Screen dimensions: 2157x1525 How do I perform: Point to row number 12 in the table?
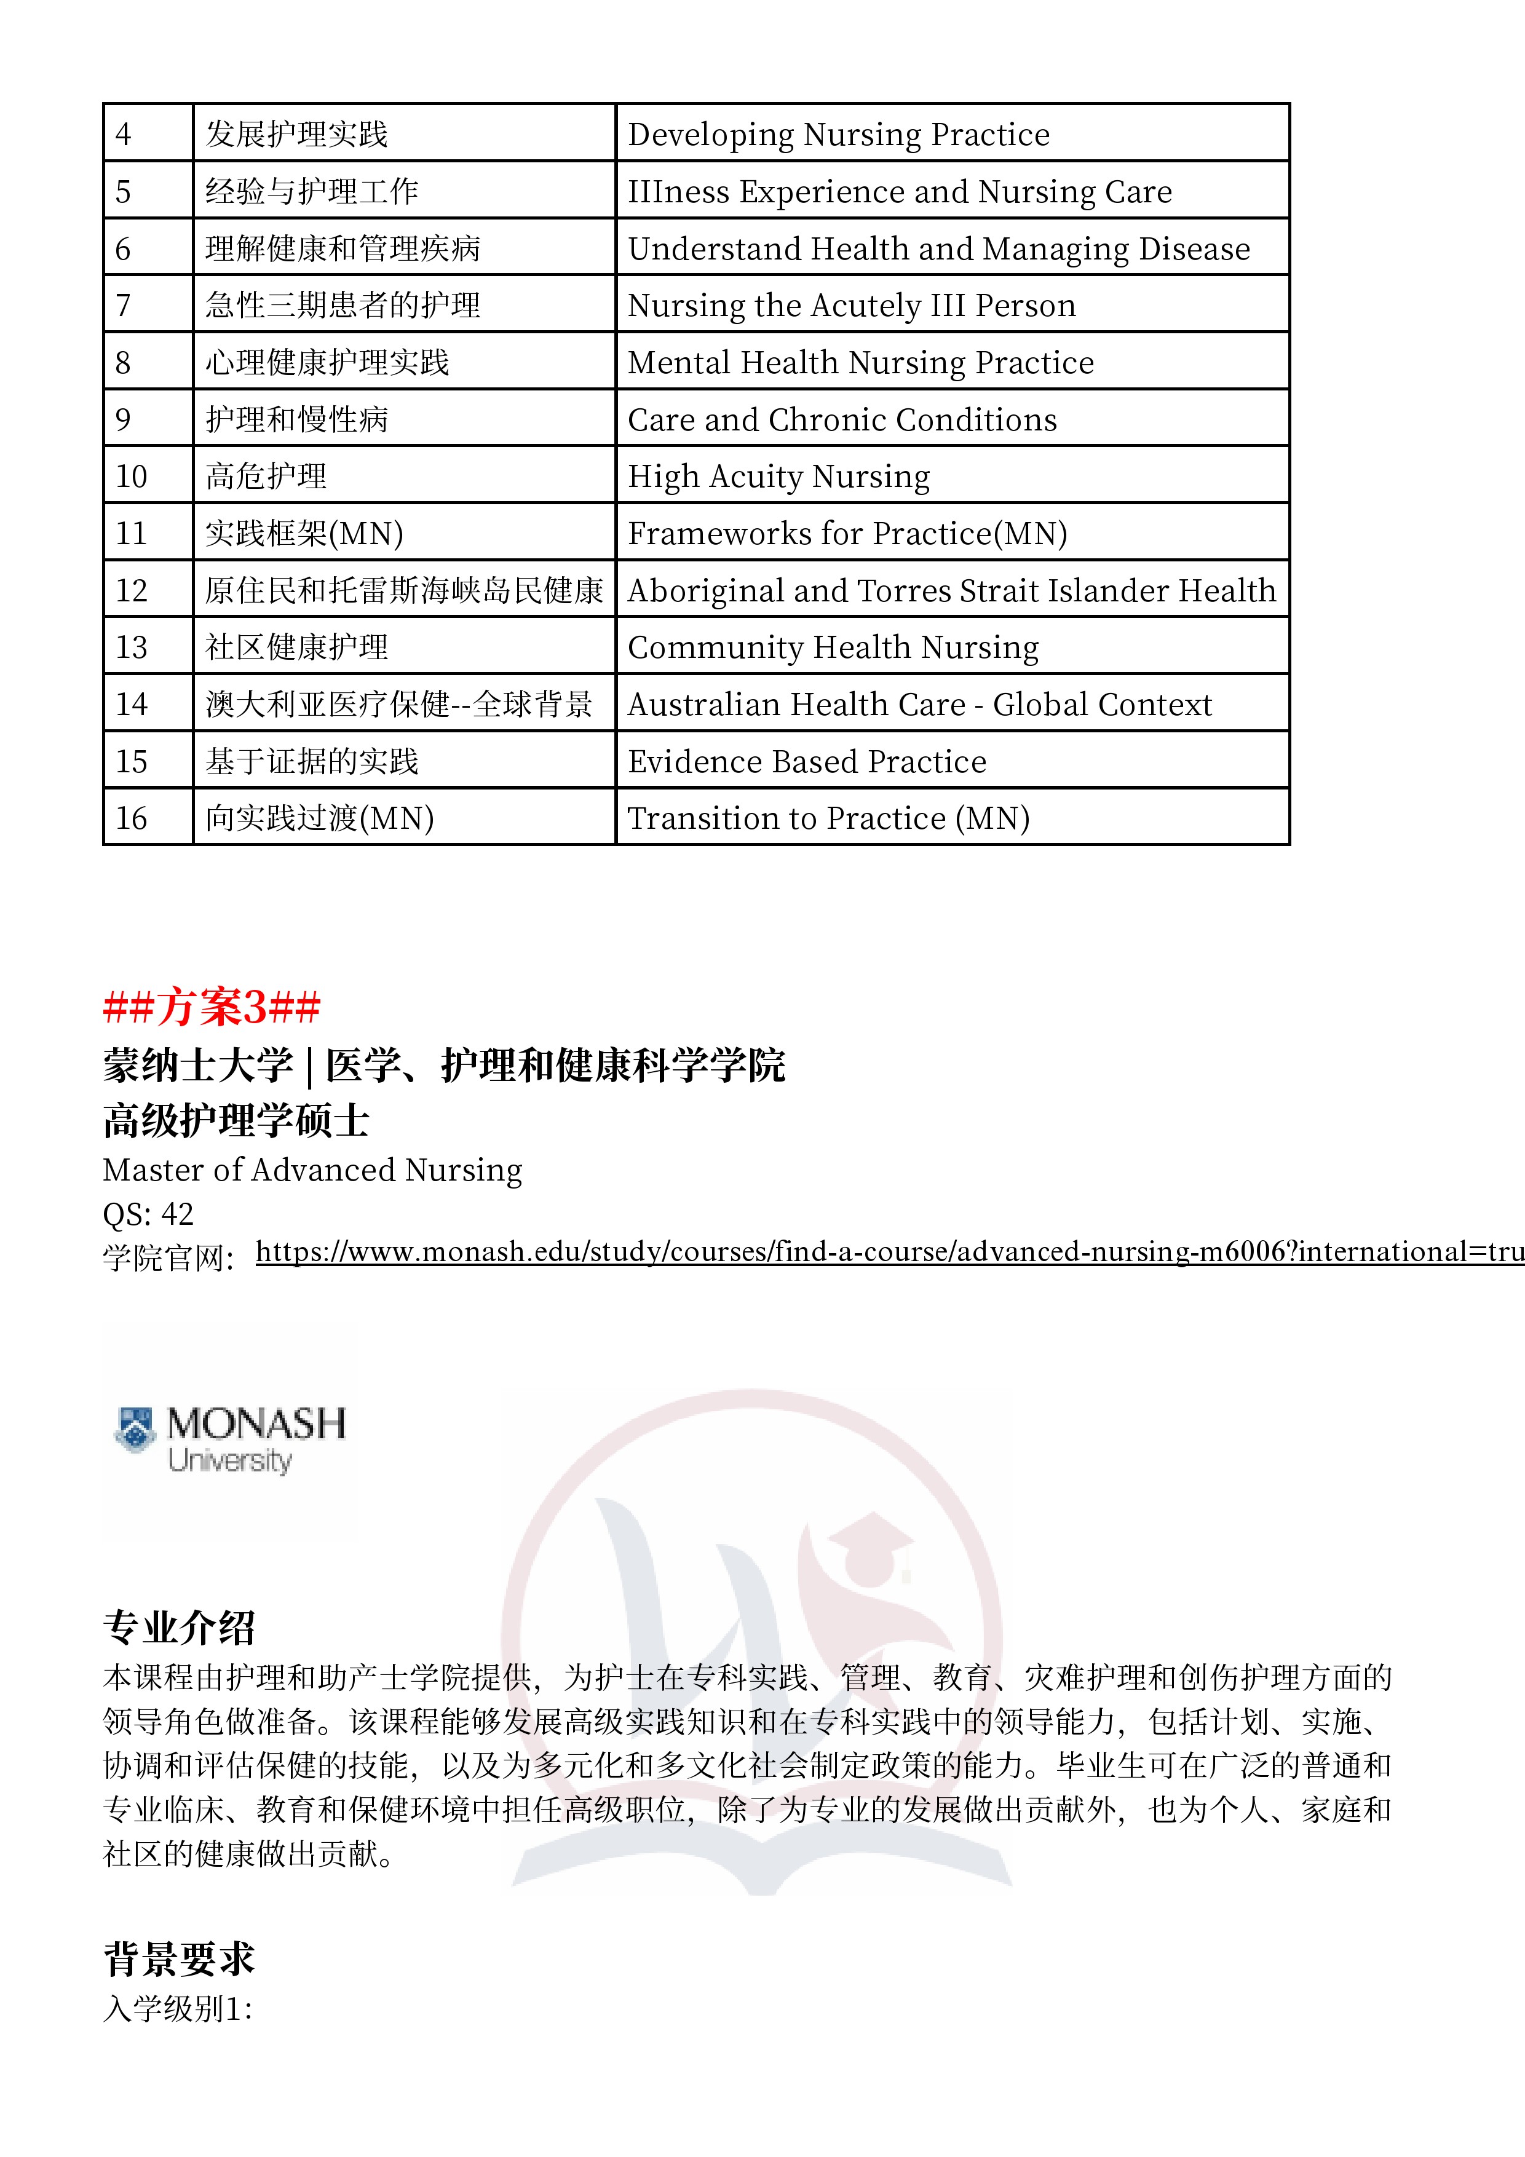click(x=132, y=590)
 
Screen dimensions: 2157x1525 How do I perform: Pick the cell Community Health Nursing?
click(x=833, y=647)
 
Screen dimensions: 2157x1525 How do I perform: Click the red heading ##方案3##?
click(x=212, y=1007)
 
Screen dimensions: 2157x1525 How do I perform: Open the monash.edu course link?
click(x=888, y=1251)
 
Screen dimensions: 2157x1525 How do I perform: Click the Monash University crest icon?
click(x=135, y=1429)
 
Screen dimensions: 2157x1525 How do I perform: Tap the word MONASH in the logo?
click(x=256, y=1423)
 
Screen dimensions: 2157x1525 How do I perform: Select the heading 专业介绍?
click(x=178, y=1627)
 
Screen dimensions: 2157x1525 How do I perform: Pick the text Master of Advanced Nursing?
click(x=312, y=1170)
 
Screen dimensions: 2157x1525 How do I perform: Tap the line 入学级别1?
click(x=178, y=2009)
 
